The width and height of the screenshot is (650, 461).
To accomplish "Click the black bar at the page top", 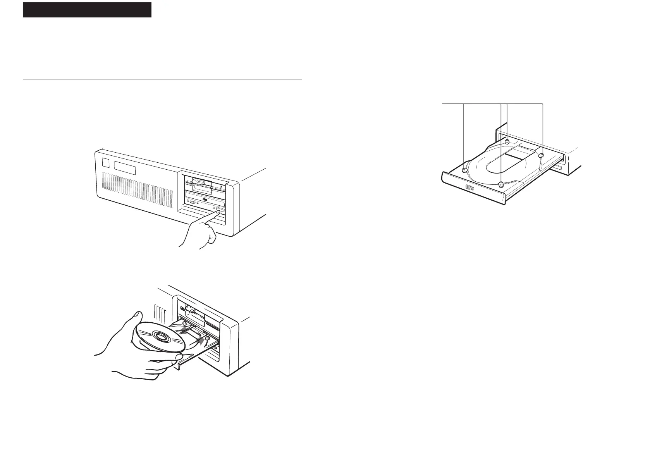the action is pyautogui.click(x=87, y=10).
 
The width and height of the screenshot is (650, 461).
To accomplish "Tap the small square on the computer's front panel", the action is pyautogui.click(x=106, y=163).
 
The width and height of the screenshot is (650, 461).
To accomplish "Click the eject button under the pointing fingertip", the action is pyautogui.click(x=220, y=210).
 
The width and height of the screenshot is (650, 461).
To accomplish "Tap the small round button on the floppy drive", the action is pyautogui.click(x=221, y=187).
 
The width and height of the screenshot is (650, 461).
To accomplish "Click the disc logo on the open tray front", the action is pyautogui.click(x=469, y=188).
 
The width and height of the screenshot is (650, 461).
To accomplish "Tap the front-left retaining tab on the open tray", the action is pyautogui.click(x=464, y=170).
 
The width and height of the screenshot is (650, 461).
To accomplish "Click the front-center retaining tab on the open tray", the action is pyautogui.click(x=501, y=184).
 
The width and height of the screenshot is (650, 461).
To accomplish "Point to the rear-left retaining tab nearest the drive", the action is pyautogui.click(x=507, y=141).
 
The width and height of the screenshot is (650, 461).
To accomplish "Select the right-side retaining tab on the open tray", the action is pyautogui.click(x=542, y=155).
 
